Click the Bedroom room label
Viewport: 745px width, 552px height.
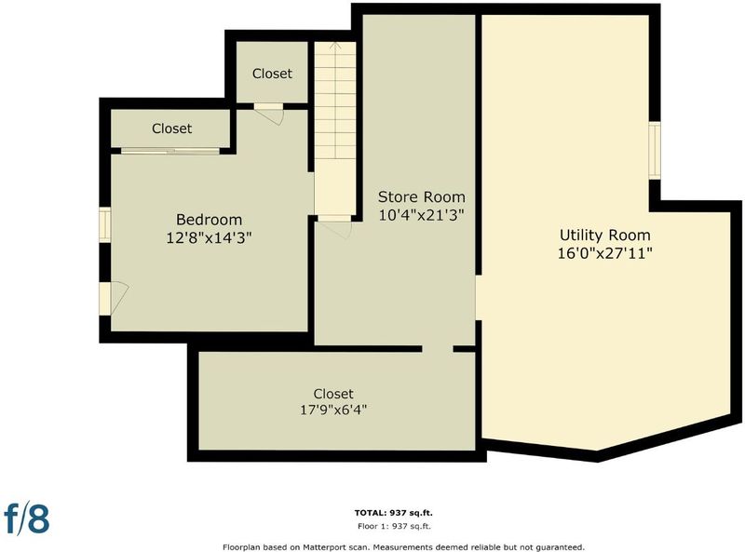click(209, 220)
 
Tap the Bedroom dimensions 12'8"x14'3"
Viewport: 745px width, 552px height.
click(209, 237)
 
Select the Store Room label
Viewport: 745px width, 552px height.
click(422, 196)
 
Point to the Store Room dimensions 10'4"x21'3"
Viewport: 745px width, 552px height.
click(421, 215)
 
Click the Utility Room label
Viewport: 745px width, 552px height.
click(604, 236)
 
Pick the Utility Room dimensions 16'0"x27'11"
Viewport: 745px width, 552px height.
click(604, 253)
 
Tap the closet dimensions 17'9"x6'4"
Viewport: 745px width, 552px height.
click(333, 410)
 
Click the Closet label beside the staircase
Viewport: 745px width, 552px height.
click(272, 74)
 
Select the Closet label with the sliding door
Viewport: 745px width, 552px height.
click(172, 128)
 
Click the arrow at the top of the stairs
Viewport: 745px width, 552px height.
click(335, 47)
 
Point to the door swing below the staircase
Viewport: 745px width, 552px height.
click(335, 229)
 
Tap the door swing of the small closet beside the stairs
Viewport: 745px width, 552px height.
click(269, 114)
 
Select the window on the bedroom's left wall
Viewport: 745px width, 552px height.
click(105, 224)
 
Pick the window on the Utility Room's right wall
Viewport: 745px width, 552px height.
click(655, 150)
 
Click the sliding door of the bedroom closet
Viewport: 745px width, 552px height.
click(170, 151)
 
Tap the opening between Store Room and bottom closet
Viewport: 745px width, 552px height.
click(438, 349)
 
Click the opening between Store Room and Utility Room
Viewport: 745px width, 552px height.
click(479, 297)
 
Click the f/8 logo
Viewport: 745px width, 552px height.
click(27, 518)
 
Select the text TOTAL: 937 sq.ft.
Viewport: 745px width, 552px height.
click(393, 513)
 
